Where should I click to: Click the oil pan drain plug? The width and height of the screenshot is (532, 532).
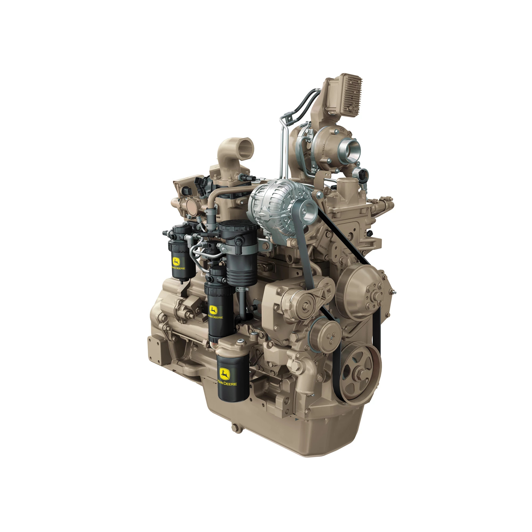[x=235, y=435]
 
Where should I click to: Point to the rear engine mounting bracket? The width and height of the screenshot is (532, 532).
[x=157, y=348]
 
